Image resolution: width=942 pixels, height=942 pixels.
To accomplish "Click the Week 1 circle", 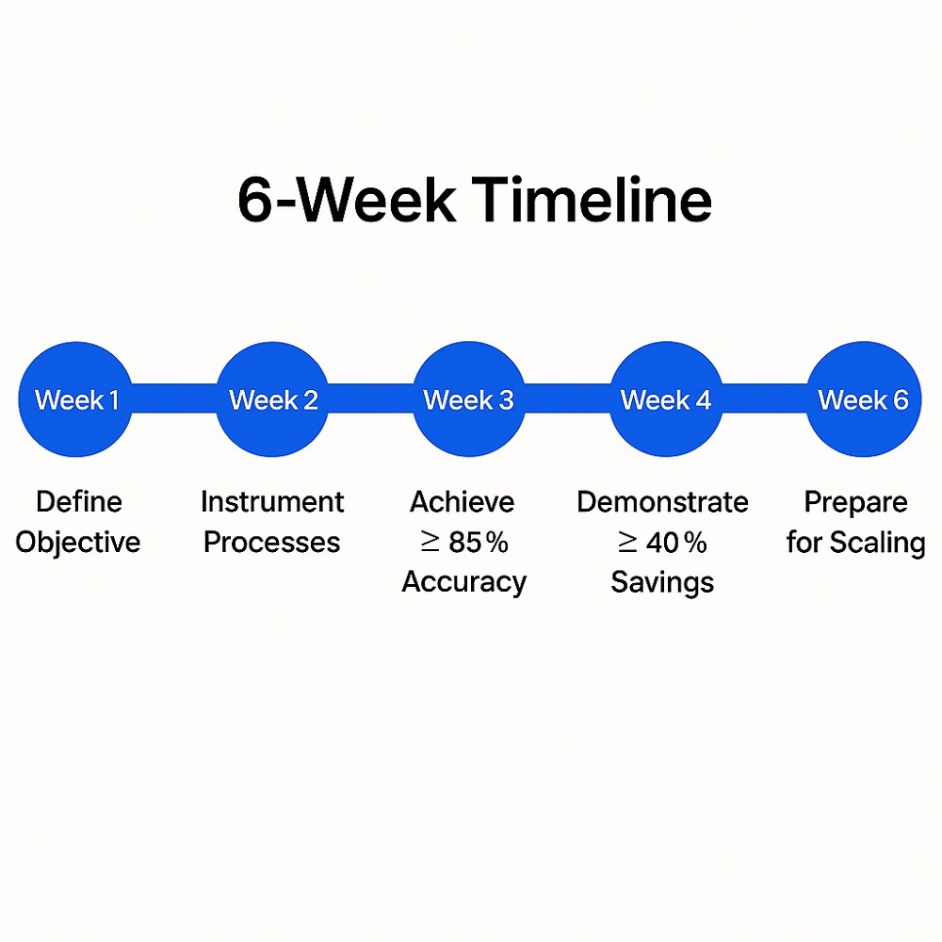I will pos(75,399).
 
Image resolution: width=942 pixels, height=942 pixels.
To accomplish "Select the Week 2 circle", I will pos(273,399).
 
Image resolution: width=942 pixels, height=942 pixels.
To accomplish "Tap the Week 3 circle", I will pos(468,399).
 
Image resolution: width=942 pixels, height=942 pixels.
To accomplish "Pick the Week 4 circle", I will pos(665,399).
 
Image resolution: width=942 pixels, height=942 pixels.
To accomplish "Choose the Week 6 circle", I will pos(863,399).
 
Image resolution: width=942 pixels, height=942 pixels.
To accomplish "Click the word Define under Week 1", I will pos(79,502).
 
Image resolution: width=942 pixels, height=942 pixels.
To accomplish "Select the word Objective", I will pos(78,543).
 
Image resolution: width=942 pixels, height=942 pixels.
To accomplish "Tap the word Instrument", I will pos(272,502).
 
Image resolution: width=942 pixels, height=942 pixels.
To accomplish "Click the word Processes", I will pos(272,543).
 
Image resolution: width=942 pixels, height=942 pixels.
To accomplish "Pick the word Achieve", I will pos(463,502).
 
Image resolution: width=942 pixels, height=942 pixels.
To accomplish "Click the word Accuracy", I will pos(463,582).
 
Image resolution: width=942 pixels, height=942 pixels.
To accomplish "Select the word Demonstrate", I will pos(662,502).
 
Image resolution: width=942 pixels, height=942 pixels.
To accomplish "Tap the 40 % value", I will pos(673,543).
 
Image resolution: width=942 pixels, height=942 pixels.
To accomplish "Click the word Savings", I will pos(662,582).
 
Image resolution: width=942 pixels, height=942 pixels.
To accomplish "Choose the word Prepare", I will pos(855,502).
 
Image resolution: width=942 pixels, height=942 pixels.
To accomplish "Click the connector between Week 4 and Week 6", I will pos(764,399).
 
